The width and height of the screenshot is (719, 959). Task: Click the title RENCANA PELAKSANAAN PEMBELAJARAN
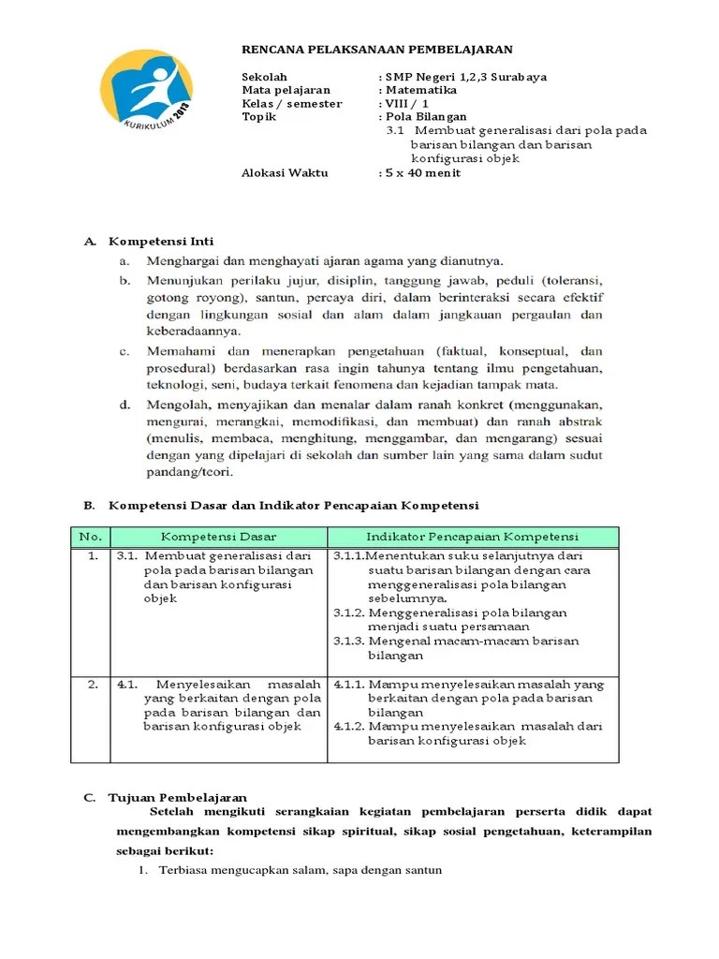tap(377, 50)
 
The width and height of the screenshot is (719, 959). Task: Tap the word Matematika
tap(420, 90)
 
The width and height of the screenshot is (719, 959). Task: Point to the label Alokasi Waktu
tap(285, 173)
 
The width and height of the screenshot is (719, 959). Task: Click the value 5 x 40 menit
tap(422, 173)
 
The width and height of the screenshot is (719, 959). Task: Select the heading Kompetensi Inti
tap(162, 242)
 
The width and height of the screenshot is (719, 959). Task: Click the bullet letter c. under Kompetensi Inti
tap(124, 351)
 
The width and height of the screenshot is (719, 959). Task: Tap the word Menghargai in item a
tap(183, 261)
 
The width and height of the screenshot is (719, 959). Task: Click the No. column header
tap(91, 537)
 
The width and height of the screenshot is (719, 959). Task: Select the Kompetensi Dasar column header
tap(218, 537)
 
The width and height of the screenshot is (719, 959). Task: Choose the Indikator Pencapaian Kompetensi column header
tap(472, 537)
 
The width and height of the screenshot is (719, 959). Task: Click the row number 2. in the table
tap(92, 685)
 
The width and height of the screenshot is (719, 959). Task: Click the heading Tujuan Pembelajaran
tap(178, 797)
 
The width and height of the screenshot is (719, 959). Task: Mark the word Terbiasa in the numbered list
tap(184, 871)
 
